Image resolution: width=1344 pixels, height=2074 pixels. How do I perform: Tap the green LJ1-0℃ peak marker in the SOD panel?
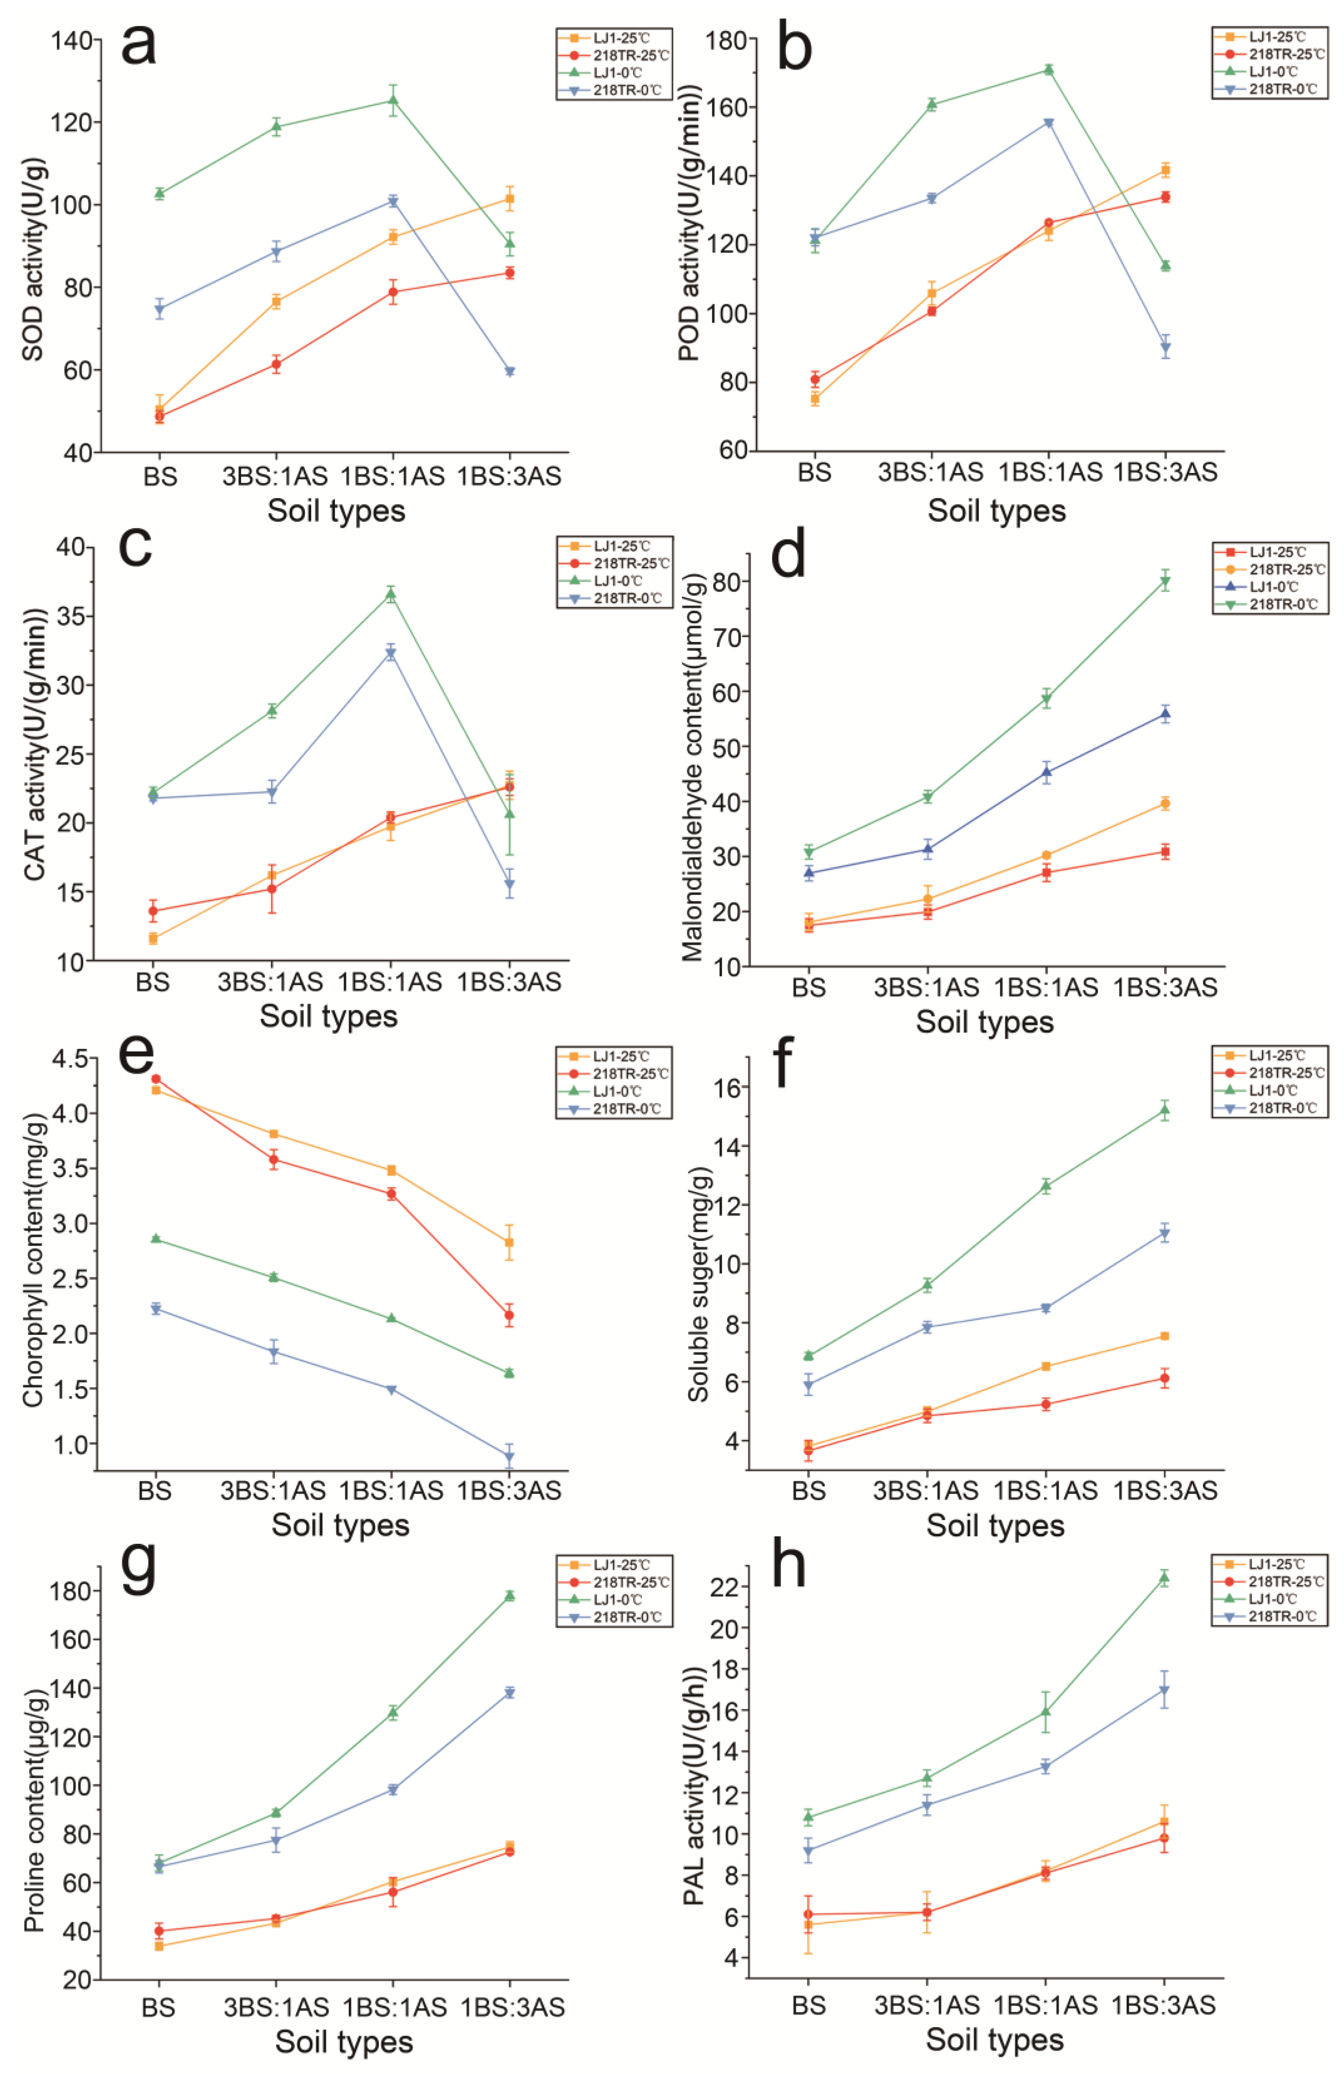pyautogui.click(x=393, y=100)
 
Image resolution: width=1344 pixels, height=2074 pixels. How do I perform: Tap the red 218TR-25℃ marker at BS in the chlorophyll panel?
pyautogui.click(x=156, y=1079)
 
